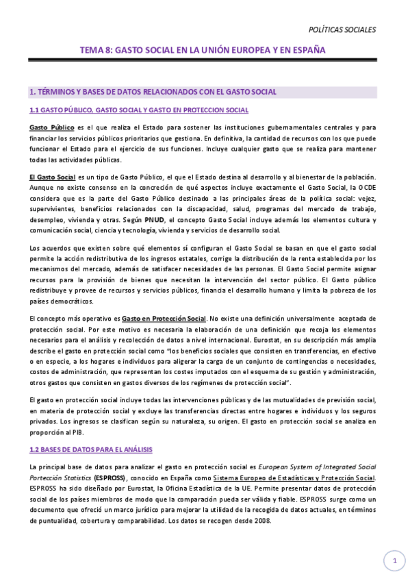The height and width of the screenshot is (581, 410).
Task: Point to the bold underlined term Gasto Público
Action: coord(52,127)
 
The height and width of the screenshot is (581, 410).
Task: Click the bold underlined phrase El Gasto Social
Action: coord(52,177)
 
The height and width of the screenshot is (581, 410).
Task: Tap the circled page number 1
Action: coord(394,561)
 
